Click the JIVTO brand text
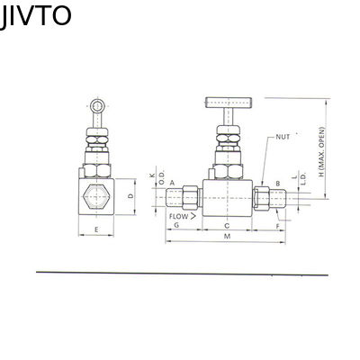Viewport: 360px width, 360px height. point(35,16)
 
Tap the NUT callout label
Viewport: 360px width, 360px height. point(283,137)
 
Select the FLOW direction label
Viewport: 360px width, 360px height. point(179,216)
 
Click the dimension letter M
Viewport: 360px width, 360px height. point(227,236)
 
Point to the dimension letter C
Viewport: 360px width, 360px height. point(227,226)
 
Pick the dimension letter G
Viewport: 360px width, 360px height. point(176,225)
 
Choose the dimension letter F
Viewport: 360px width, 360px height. point(277,226)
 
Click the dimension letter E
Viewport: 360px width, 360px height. point(96,229)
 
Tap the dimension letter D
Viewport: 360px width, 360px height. point(130,196)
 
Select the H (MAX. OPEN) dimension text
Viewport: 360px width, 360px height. point(322,152)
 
